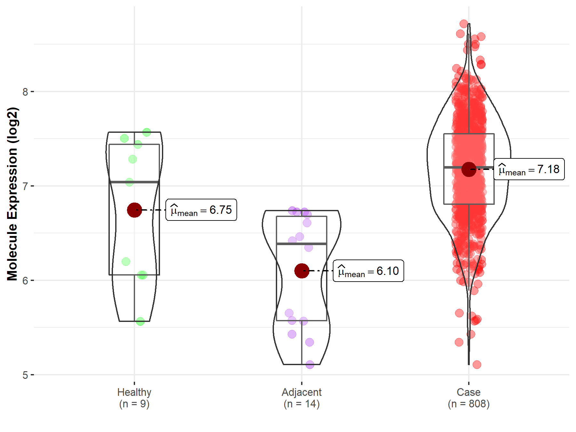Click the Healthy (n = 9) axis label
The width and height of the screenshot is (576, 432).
(134, 398)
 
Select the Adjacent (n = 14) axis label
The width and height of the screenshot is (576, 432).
(301, 398)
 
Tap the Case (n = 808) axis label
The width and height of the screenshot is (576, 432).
(468, 398)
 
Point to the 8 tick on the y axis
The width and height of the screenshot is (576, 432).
(25, 92)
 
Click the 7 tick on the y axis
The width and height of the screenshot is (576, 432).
(25, 186)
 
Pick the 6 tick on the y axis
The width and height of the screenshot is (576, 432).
(25, 281)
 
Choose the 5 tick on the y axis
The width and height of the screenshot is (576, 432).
(25, 375)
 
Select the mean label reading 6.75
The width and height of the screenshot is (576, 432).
(201, 210)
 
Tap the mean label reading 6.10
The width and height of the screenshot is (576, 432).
(368, 271)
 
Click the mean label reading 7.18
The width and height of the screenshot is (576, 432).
(529, 169)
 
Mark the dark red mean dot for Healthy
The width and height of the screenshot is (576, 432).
(134, 210)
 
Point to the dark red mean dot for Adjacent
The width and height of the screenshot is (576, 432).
(302, 271)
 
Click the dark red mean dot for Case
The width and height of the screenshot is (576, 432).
(469, 169)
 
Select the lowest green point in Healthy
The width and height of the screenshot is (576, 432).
(140, 321)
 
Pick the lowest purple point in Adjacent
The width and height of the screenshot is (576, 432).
(310, 364)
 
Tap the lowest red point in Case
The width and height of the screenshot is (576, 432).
(477, 364)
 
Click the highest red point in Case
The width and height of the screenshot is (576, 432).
(464, 24)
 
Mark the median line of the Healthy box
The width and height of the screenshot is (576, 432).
(134, 182)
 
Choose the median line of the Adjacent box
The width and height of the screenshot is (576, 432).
(301, 244)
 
